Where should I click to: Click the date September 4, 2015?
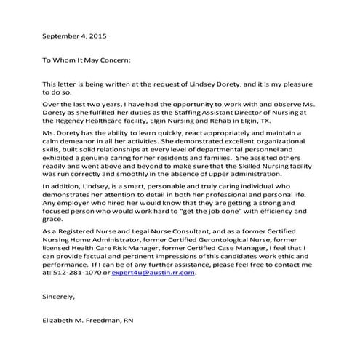75,35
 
